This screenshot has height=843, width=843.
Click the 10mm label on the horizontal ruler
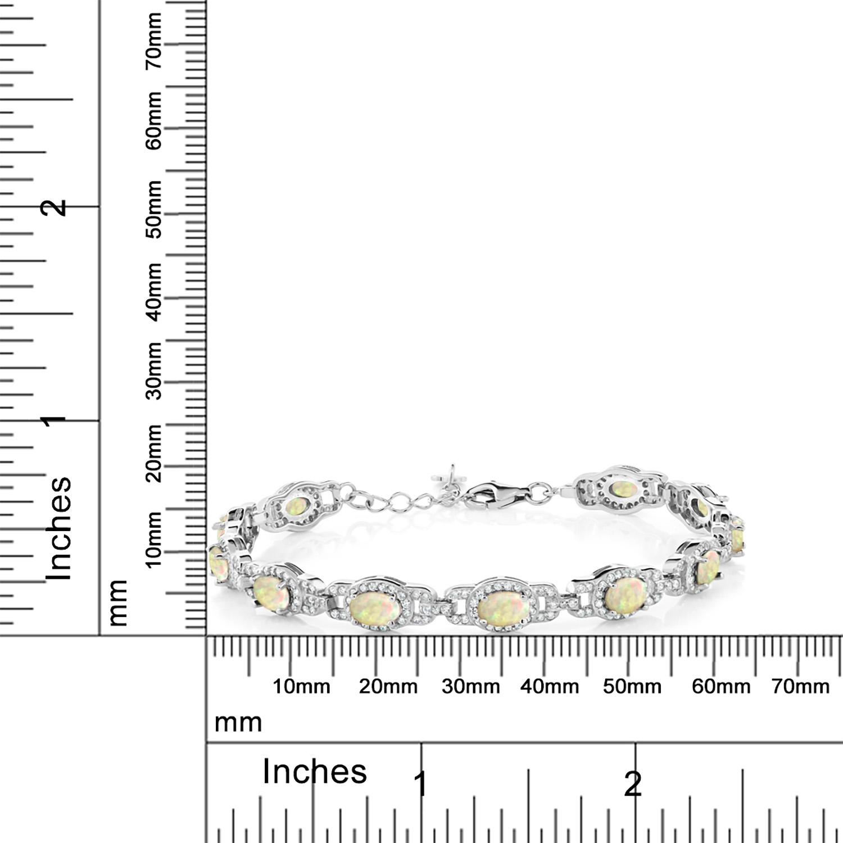pos(301,686)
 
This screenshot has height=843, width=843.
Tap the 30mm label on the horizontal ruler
pos(470,686)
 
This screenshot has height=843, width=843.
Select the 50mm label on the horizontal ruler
pos(632,686)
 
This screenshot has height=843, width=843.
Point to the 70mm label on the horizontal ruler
pos(800,686)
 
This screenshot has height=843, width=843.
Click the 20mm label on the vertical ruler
pos(153,453)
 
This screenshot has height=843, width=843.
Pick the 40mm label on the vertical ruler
pos(153,292)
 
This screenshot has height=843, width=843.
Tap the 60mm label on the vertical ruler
pos(153,121)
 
